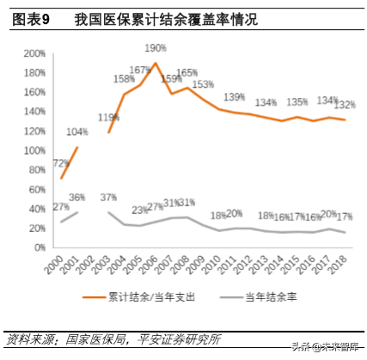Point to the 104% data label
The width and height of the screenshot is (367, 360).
pyautogui.click(x=76, y=131)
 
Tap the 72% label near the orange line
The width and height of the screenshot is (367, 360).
pyautogui.click(x=61, y=163)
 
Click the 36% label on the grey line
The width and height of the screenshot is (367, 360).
pyautogui.click(x=76, y=198)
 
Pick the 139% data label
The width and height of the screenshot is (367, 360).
pyautogui.click(x=235, y=96)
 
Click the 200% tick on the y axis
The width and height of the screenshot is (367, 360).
pyautogui.click(x=34, y=53)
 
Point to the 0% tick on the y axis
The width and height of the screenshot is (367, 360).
pyautogui.click(x=40, y=248)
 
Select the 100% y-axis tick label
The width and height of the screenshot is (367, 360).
pyautogui.click(x=34, y=151)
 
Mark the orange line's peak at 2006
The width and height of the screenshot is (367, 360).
pyautogui.click(x=156, y=63)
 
